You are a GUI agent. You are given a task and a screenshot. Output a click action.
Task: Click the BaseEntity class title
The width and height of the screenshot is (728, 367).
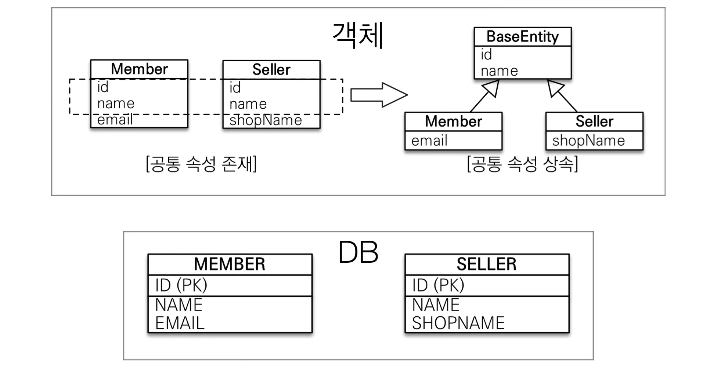click(522, 37)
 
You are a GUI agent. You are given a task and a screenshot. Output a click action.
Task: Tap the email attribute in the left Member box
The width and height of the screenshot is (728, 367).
click(115, 120)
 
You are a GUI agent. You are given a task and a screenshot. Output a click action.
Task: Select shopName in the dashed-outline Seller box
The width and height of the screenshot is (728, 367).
click(266, 120)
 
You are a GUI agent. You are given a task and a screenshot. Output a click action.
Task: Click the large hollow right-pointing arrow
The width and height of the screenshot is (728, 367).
click(378, 95)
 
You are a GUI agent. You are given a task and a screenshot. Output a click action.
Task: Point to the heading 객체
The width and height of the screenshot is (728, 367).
click(358, 35)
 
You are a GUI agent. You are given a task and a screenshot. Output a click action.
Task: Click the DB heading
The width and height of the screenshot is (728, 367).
click(358, 252)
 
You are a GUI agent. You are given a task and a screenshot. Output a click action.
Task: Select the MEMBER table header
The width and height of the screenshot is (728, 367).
click(230, 264)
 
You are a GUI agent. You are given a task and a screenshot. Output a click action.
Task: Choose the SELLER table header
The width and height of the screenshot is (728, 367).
click(487, 264)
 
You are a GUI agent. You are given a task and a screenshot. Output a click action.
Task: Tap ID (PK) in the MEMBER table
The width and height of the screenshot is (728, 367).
click(181, 285)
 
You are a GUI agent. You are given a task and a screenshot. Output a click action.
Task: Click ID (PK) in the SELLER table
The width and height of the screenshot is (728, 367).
click(438, 285)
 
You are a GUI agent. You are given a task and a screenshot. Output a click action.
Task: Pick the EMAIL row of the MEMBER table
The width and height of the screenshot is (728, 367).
click(180, 323)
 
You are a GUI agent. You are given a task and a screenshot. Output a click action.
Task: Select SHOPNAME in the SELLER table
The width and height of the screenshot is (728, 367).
click(458, 323)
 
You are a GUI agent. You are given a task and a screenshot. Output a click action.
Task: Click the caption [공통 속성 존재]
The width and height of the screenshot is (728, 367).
click(201, 164)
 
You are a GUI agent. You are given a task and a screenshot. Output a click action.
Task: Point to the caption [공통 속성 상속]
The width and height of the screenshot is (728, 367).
click(522, 164)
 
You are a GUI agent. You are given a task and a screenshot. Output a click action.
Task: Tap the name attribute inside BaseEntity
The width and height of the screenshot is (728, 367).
click(499, 71)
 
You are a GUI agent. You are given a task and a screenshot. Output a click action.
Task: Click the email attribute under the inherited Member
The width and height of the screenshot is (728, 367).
click(429, 141)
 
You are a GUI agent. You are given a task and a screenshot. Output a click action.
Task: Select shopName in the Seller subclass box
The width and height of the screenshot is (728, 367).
click(588, 141)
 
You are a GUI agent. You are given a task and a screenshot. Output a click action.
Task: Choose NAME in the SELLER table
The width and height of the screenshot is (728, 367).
click(436, 305)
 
